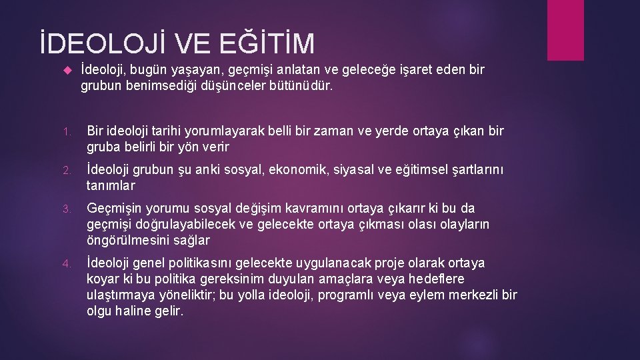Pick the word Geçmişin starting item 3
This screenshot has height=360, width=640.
(115, 209)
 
